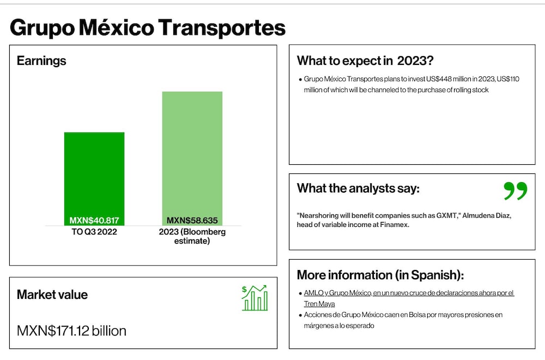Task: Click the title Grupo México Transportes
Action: click(x=148, y=28)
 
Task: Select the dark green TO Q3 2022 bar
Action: click(x=94, y=179)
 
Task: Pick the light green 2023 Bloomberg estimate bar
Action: click(x=192, y=159)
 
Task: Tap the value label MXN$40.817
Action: click(x=94, y=220)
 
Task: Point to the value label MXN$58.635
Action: click(x=192, y=220)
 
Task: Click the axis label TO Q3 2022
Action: click(x=94, y=232)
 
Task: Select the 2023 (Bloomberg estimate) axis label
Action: click(x=192, y=237)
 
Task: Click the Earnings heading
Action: click(x=41, y=61)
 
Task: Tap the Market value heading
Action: click(x=52, y=295)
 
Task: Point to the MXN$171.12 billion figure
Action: click(x=71, y=331)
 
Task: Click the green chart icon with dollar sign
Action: click(x=255, y=298)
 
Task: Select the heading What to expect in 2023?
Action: click(x=365, y=61)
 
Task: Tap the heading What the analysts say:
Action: click(x=358, y=189)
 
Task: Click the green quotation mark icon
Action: click(x=516, y=191)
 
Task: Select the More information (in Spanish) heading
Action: click(x=380, y=275)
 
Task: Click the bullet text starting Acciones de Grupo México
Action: click(x=403, y=320)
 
